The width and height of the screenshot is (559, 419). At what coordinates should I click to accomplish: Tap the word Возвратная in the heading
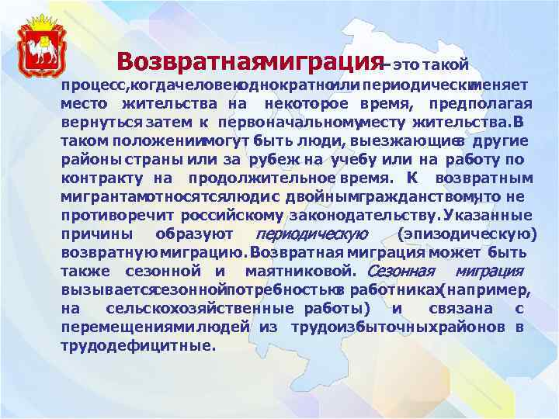point(190,61)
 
